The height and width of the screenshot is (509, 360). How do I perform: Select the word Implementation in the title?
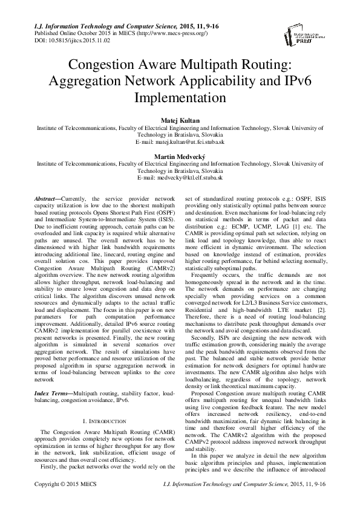(x=180, y=97)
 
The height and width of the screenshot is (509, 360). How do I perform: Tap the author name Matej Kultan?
(x=180, y=120)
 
